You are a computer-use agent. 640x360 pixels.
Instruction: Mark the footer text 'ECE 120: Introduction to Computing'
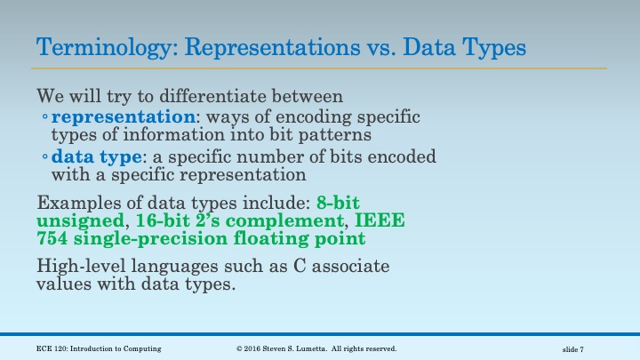99,348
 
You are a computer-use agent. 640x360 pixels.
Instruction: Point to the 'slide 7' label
579,348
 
